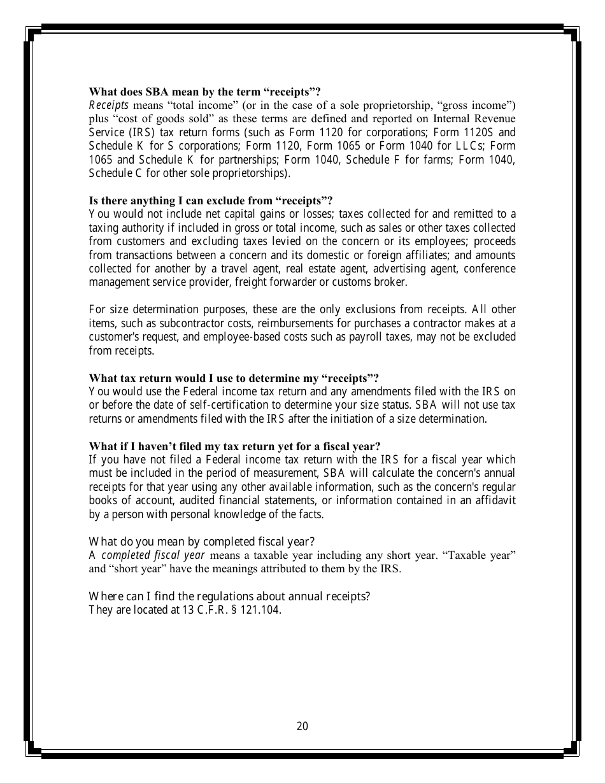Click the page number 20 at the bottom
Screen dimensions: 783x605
pyautogui.click(x=302, y=726)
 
